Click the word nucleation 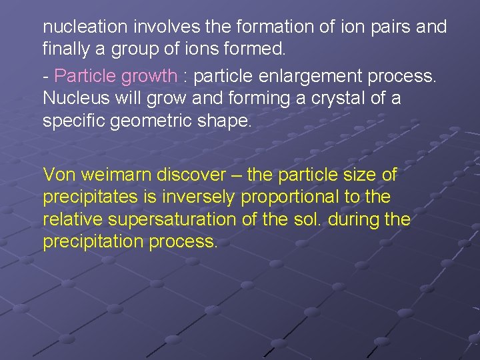(85, 27)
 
